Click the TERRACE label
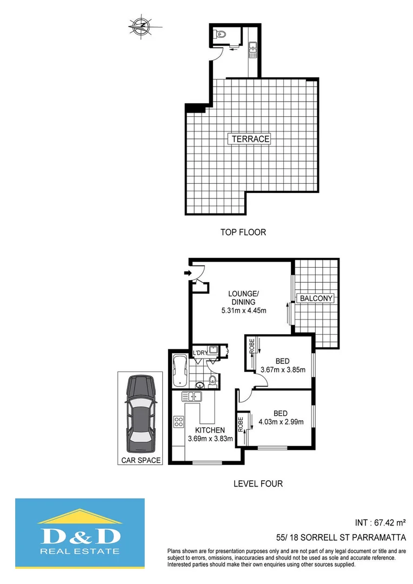click(x=250, y=139)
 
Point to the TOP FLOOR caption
click(x=243, y=233)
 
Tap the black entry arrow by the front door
click(x=188, y=274)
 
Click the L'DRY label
click(x=200, y=353)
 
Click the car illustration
click(x=140, y=415)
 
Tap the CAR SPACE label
click(x=141, y=460)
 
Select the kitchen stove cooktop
click(x=179, y=421)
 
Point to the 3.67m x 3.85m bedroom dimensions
click(x=283, y=370)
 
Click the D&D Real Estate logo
click(x=80, y=534)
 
